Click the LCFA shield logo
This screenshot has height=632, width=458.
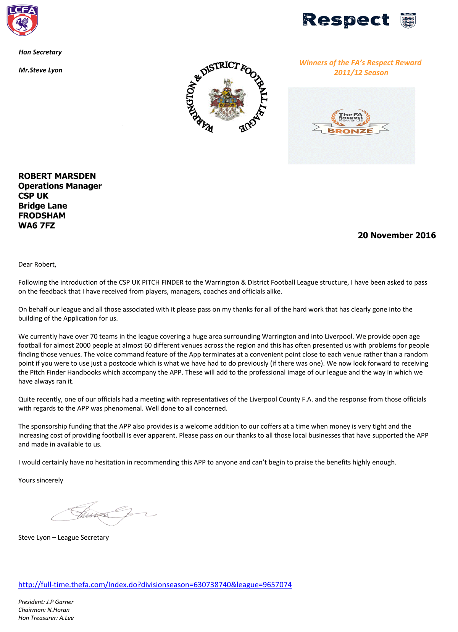[x=22, y=20]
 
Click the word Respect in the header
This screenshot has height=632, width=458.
[x=346, y=20]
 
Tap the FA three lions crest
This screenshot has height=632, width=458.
[x=408, y=20]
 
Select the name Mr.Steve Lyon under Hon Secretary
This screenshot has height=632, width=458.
[x=40, y=70]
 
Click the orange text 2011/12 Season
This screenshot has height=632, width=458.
[x=361, y=73]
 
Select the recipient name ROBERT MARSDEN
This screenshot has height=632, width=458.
[x=57, y=176]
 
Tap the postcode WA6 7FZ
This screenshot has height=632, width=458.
[x=37, y=226]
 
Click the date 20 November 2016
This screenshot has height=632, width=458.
[x=397, y=235]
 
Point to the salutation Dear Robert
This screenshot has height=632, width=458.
[x=37, y=264]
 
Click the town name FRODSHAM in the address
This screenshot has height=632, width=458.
[x=42, y=216]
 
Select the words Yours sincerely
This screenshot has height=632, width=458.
[x=41, y=480]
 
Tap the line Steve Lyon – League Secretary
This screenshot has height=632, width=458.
[x=64, y=537]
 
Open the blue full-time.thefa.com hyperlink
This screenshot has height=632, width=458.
[x=155, y=585]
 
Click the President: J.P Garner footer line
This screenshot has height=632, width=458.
[x=46, y=602]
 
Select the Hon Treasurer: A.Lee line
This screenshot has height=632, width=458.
[x=46, y=618]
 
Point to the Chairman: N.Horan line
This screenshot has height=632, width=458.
[x=44, y=610]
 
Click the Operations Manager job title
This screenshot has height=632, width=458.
[x=60, y=186]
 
